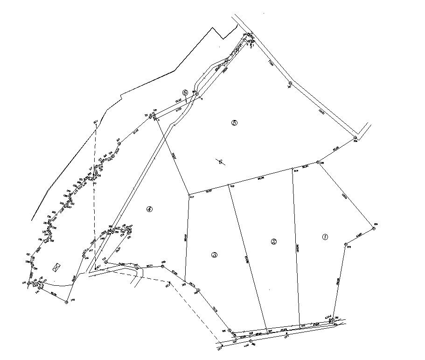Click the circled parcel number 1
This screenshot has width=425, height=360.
(x=325, y=237)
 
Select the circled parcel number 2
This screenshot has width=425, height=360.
(x=274, y=241)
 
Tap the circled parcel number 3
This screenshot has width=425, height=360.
(x=214, y=255)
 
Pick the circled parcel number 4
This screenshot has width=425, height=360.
(x=149, y=209)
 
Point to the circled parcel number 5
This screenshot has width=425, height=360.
(x=234, y=123)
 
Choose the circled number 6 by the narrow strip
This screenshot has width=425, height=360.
(x=185, y=93)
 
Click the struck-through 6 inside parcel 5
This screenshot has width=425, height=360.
(x=220, y=162)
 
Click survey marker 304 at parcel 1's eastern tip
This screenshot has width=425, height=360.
(x=374, y=228)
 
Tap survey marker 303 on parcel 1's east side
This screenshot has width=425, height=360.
(x=346, y=244)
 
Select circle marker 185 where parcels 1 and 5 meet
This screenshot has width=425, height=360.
(x=318, y=162)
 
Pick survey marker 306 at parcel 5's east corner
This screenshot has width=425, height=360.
(x=355, y=138)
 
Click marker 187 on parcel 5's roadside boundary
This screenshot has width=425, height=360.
(x=290, y=84)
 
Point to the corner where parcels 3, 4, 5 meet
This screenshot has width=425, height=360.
(x=188, y=195)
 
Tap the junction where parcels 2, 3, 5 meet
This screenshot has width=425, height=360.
(x=229, y=185)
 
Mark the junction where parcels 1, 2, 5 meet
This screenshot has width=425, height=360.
(x=292, y=169)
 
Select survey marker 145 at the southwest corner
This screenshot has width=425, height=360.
(x=66, y=302)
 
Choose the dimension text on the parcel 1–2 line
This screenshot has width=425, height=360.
(x=297, y=248)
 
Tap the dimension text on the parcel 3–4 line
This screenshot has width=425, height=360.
(x=186, y=238)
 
